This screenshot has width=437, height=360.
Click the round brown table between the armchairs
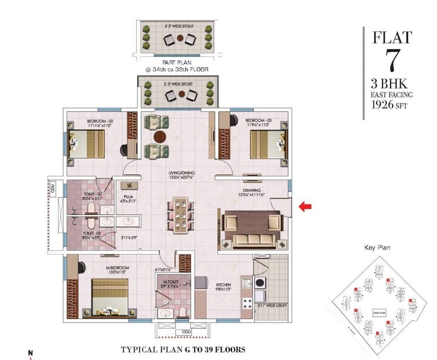[158, 138]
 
